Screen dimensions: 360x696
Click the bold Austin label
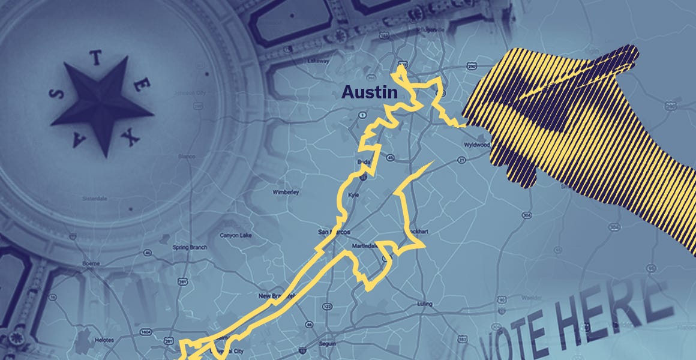point(370,93)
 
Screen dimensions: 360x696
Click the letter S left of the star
point(57,94)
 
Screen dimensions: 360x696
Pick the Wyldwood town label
point(478,145)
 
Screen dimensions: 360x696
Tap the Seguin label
point(327,343)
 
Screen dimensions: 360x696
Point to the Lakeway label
point(319,61)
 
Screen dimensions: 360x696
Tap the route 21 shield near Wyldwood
point(461,160)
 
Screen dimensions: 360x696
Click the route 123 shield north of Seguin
point(327,307)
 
